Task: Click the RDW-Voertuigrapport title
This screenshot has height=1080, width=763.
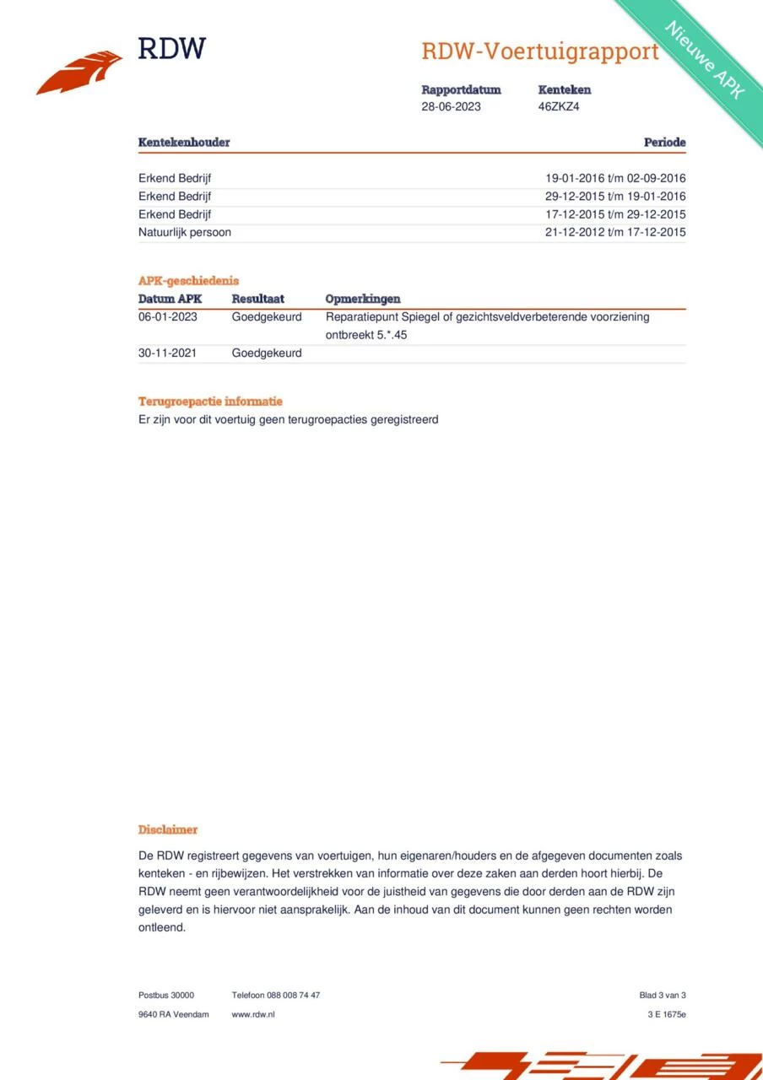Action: click(539, 51)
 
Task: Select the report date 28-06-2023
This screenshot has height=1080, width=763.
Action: click(451, 107)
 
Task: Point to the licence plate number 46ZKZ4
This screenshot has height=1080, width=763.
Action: click(559, 107)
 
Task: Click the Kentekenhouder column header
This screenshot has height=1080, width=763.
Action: click(184, 143)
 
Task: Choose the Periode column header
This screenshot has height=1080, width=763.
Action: click(664, 143)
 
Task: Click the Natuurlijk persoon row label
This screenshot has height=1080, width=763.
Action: click(185, 232)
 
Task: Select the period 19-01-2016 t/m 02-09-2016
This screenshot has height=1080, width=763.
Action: click(615, 179)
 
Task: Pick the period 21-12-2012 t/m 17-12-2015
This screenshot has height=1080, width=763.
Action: click(615, 232)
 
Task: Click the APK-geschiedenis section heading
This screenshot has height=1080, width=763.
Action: click(188, 281)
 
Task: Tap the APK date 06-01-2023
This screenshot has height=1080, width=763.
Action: click(167, 317)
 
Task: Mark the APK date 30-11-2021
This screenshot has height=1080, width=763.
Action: click(167, 353)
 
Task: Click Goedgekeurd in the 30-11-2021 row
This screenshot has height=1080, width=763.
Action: click(267, 353)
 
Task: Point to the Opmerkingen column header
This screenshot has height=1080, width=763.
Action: click(363, 299)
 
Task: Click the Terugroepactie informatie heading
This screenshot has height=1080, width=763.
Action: click(210, 402)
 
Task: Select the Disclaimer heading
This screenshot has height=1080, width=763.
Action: click(168, 830)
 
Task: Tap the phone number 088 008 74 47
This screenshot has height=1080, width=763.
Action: click(293, 995)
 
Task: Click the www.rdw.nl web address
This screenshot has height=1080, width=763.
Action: click(253, 1014)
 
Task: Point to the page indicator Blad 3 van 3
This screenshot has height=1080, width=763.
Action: click(663, 995)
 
